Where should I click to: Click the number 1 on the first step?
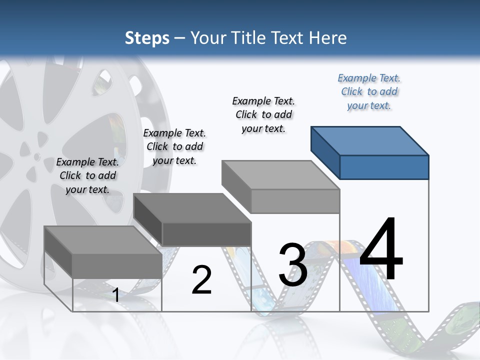115,295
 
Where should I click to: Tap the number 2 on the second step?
201,280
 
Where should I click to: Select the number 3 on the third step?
293,265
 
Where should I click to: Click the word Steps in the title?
147,38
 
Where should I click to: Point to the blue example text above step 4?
369,92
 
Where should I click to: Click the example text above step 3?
263,114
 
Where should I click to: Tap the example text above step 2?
174,146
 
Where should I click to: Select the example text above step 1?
87,175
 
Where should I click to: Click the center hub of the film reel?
36,157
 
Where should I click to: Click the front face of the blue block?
384,167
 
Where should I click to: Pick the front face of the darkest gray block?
206,234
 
